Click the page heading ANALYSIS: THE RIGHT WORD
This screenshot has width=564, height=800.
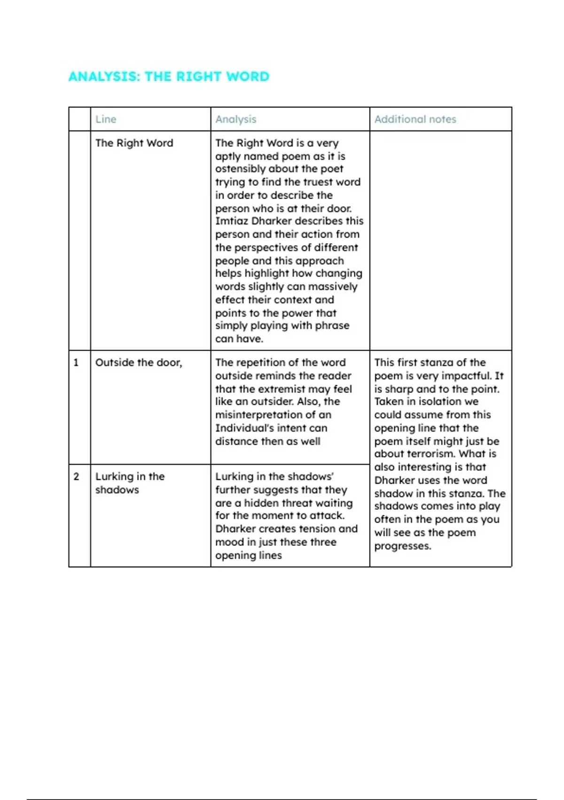[169, 76]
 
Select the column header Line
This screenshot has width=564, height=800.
[106, 119]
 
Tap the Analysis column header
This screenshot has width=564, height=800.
[235, 119]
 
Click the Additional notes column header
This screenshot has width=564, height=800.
[415, 119]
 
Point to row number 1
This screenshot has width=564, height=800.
[76, 362]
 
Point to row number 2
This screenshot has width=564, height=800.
[76, 476]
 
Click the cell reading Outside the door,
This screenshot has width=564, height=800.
[139, 362]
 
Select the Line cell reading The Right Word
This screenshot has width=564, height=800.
[134, 143]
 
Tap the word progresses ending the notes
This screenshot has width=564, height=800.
[402, 546]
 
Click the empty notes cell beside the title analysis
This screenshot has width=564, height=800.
[440, 240]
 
